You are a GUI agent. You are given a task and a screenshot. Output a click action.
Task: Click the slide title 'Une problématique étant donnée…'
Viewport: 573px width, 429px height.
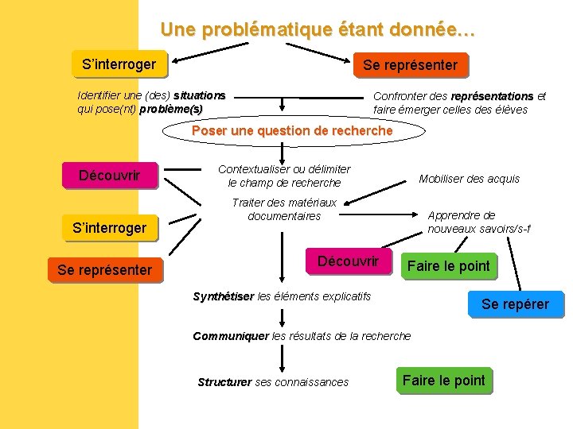pyautogui.click(x=318, y=30)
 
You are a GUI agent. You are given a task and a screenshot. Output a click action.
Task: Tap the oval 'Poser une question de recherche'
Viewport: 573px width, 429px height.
pyautogui.click(x=292, y=130)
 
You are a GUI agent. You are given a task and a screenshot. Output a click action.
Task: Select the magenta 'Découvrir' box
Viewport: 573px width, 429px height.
pyautogui.click(x=349, y=261)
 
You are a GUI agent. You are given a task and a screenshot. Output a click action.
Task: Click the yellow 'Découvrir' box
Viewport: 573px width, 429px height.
pyautogui.click(x=110, y=176)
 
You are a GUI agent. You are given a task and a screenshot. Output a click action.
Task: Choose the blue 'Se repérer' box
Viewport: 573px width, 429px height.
pyautogui.click(x=515, y=304)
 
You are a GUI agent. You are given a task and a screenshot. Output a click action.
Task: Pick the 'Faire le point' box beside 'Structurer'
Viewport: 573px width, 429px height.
pyautogui.click(x=443, y=381)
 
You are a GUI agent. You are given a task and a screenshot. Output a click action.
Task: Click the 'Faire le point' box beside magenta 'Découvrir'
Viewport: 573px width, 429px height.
pyautogui.click(x=448, y=266)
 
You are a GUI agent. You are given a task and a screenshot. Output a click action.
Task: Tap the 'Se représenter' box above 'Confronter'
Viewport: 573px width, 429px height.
pyautogui.click(x=410, y=65)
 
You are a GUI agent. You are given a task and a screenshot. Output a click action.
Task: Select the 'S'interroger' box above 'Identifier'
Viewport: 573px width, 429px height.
pyautogui.click(x=114, y=64)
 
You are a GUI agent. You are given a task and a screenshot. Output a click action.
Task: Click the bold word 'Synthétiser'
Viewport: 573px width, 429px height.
pyautogui.click(x=223, y=296)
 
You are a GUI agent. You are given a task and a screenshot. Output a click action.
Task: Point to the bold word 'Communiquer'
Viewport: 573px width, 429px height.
pyautogui.click(x=231, y=336)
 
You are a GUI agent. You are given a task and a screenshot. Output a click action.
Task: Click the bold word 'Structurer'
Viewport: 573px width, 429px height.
pyautogui.click(x=224, y=382)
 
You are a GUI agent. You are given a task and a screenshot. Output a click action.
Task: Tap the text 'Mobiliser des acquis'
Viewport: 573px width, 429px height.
pyautogui.click(x=469, y=179)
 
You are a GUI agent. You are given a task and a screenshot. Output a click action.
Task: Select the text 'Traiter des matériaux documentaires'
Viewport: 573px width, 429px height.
pyautogui.click(x=284, y=209)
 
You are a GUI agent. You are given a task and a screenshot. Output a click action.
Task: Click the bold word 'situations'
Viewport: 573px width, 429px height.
pyautogui.click(x=199, y=95)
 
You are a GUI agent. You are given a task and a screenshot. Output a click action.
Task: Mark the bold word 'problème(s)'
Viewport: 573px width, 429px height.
pyautogui.click(x=171, y=109)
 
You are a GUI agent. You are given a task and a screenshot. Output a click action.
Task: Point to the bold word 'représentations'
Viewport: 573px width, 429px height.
pyautogui.click(x=492, y=96)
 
